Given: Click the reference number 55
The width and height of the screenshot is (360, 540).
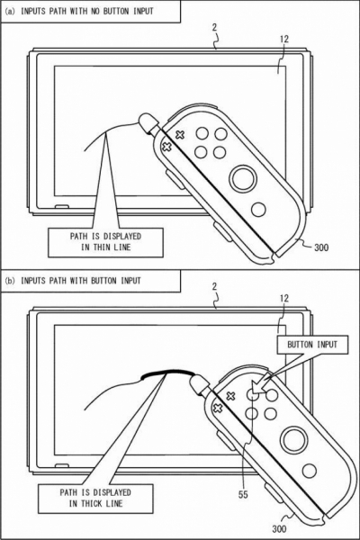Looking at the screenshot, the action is (x=243, y=494).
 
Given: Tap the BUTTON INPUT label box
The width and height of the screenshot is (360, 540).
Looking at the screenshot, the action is (x=312, y=345).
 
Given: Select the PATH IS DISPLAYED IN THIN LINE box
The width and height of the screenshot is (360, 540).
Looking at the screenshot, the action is (x=105, y=242).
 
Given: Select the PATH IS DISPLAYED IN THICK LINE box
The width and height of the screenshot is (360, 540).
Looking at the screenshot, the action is (x=95, y=498).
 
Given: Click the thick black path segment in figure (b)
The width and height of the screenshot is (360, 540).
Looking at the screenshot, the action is (x=167, y=372).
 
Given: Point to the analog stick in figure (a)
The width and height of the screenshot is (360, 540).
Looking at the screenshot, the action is (x=243, y=179).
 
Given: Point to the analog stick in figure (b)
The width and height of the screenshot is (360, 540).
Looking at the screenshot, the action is (x=294, y=440).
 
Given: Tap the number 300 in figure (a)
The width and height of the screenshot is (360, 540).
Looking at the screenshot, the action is (x=321, y=247).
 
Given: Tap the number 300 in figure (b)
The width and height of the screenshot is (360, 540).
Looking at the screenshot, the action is (x=279, y=528).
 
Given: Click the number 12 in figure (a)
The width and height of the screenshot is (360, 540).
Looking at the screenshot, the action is (x=283, y=39).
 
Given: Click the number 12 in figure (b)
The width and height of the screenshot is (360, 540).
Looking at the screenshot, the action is (x=283, y=298).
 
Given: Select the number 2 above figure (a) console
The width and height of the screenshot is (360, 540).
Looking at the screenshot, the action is (x=215, y=27).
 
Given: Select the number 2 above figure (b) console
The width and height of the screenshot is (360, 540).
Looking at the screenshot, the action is (x=215, y=286).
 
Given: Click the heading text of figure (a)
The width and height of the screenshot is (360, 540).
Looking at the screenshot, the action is (x=79, y=11).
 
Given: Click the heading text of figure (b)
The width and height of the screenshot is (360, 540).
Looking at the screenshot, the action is (x=73, y=281).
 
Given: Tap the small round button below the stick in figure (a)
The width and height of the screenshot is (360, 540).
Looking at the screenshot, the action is (x=258, y=210).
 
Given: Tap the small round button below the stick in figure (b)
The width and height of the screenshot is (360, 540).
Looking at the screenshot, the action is (x=310, y=471).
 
